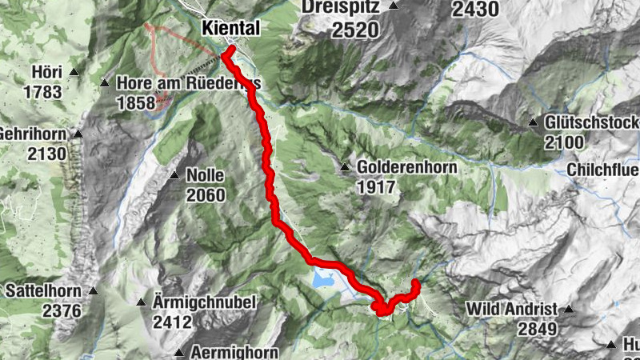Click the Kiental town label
[231, 28]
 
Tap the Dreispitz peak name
[343, 7]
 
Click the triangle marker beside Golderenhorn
[344, 168]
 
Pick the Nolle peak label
[204, 175]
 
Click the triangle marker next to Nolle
[174, 175]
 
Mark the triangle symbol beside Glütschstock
[533, 123]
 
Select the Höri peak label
[46, 72]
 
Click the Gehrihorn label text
[35, 133]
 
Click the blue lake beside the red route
[323, 279]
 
